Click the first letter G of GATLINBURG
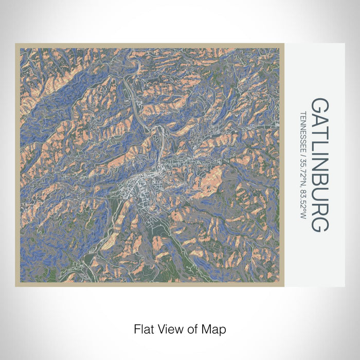320,106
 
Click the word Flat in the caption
142,328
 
